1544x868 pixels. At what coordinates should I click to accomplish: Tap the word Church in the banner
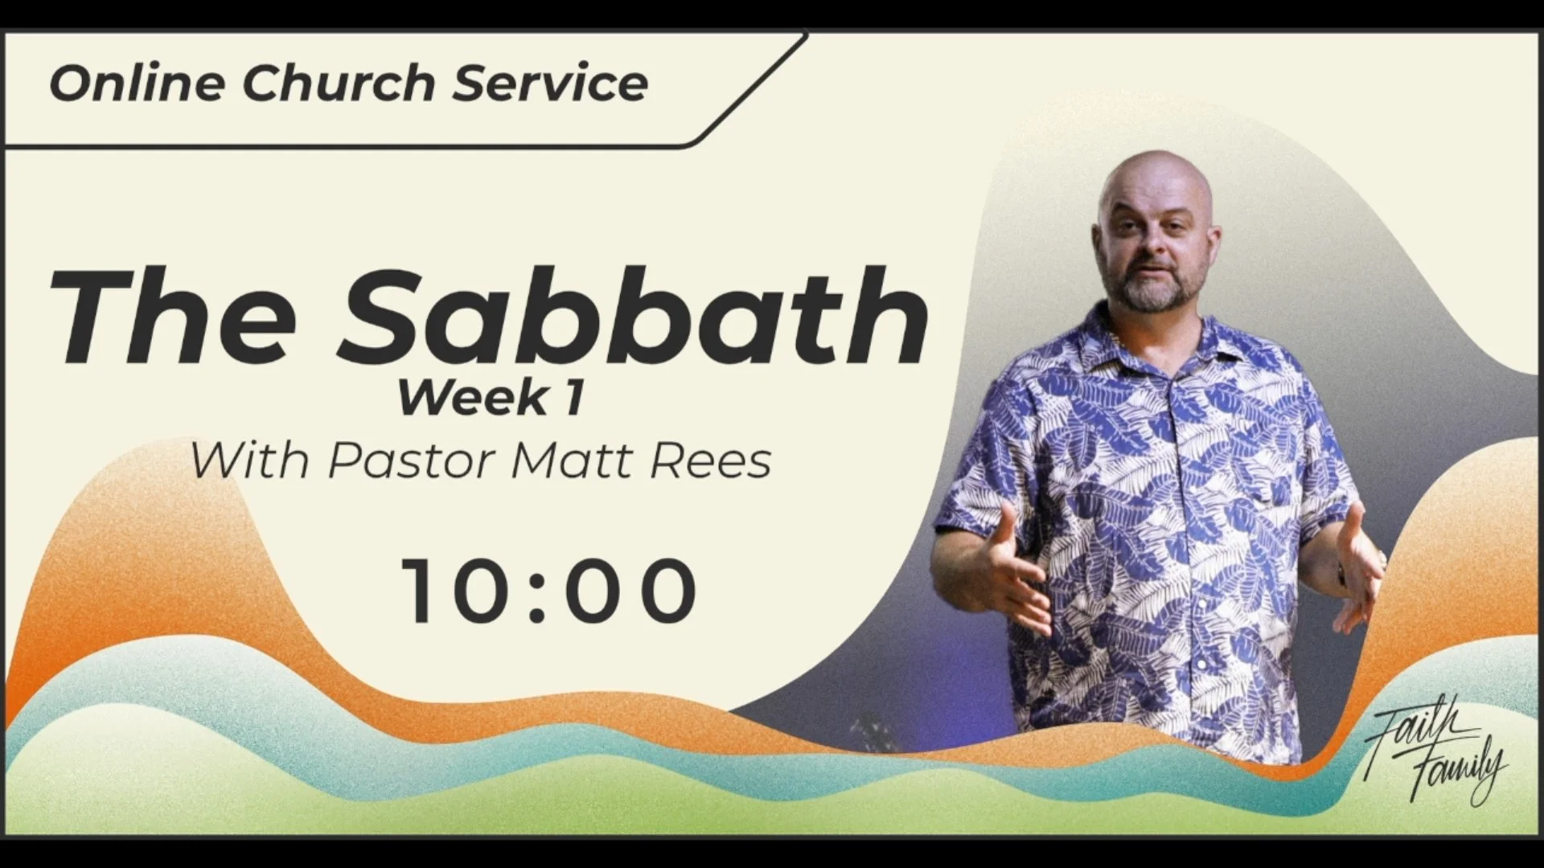click(x=338, y=84)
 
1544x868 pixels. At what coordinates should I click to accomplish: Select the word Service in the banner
click(x=550, y=84)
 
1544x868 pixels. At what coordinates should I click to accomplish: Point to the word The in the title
click(x=173, y=317)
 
